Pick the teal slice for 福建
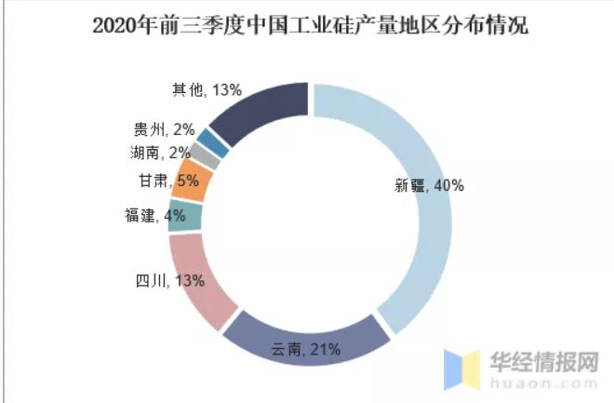click(x=187, y=216)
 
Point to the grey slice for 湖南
click(x=209, y=157)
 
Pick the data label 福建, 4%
click(x=154, y=216)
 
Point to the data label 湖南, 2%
click(x=161, y=153)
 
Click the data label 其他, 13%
click(x=207, y=90)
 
